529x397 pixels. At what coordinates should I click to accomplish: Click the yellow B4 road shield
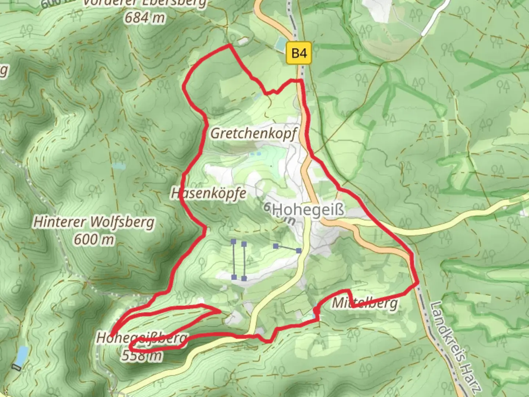click(x=299, y=53)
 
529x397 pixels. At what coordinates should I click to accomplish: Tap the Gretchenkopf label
click(x=253, y=133)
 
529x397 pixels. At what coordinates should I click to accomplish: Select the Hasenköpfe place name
click(x=209, y=193)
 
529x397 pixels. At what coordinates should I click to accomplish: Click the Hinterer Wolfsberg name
click(x=94, y=222)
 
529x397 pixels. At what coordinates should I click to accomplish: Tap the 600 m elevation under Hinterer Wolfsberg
click(x=94, y=240)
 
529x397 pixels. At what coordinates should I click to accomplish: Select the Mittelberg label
click(x=365, y=303)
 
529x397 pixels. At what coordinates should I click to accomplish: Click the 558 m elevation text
click(x=141, y=355)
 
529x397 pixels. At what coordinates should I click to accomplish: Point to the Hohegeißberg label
click(x=142, y=337)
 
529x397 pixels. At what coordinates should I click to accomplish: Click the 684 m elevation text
click(x=144, y=17)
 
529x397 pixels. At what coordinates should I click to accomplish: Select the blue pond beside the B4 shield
click(x=281, y=44)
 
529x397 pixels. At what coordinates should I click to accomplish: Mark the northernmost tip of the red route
click(x=230, y=45)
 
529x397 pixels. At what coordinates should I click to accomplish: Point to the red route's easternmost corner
click(x=418, y=283)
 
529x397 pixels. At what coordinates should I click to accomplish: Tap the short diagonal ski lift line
click(x=287, y=248)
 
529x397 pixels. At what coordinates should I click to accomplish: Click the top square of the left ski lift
click(x=234, y=242)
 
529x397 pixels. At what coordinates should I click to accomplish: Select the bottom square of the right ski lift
click(x=244, y=279)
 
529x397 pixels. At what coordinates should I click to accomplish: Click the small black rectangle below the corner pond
click(x=17, y=367)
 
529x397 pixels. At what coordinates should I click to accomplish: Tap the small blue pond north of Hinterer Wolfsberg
click(x=119, y=166)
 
